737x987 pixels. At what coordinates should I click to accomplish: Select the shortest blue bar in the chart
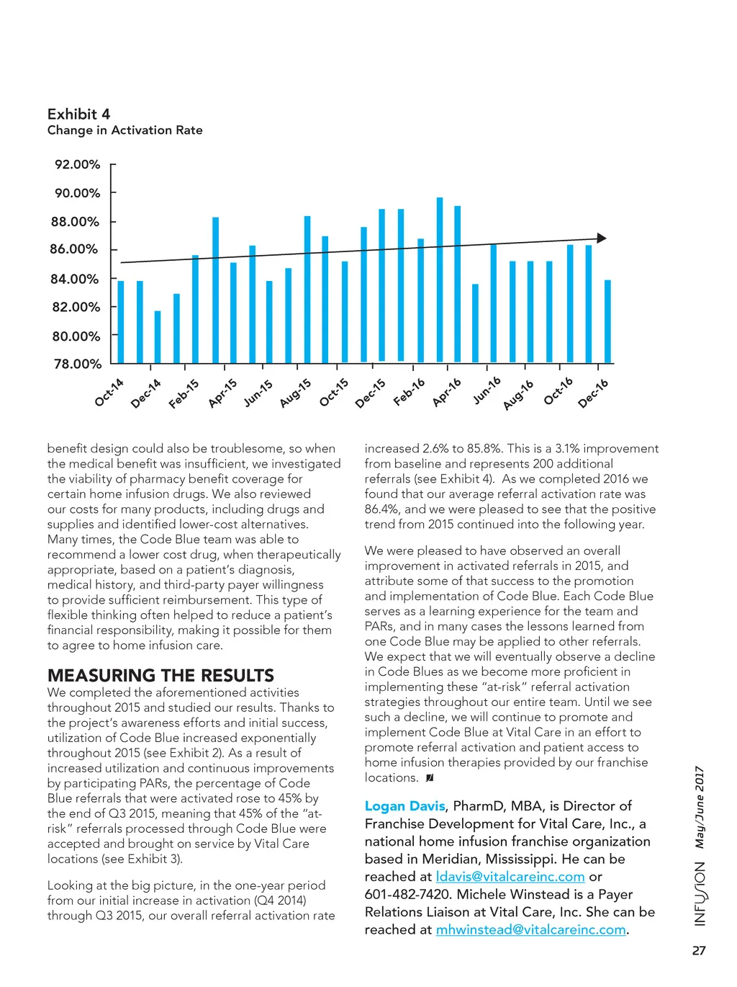point(158,336)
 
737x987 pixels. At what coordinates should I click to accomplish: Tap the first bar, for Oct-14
point(121,321)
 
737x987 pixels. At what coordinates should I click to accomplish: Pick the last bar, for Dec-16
point(607,321)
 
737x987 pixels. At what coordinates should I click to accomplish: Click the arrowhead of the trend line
point(602,238)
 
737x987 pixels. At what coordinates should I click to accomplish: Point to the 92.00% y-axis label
point(77,164)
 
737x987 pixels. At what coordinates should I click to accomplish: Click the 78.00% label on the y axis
point(77,364)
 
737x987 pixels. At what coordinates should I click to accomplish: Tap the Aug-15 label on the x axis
point(296,393)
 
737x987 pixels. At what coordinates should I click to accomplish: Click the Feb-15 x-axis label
point(184,394)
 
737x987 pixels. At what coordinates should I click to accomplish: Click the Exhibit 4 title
point(78,114)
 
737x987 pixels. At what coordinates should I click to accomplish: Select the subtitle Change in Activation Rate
point(125,130)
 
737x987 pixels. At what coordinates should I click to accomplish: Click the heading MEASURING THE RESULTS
point(160,675)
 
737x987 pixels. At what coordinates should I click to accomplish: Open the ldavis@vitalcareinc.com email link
point(510,877)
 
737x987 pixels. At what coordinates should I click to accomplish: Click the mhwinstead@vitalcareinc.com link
point(530,929)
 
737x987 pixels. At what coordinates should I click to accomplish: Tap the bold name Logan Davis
point(404,806)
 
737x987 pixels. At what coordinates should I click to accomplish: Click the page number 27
point(698,951)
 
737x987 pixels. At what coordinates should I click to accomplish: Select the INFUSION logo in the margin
point(700,893)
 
